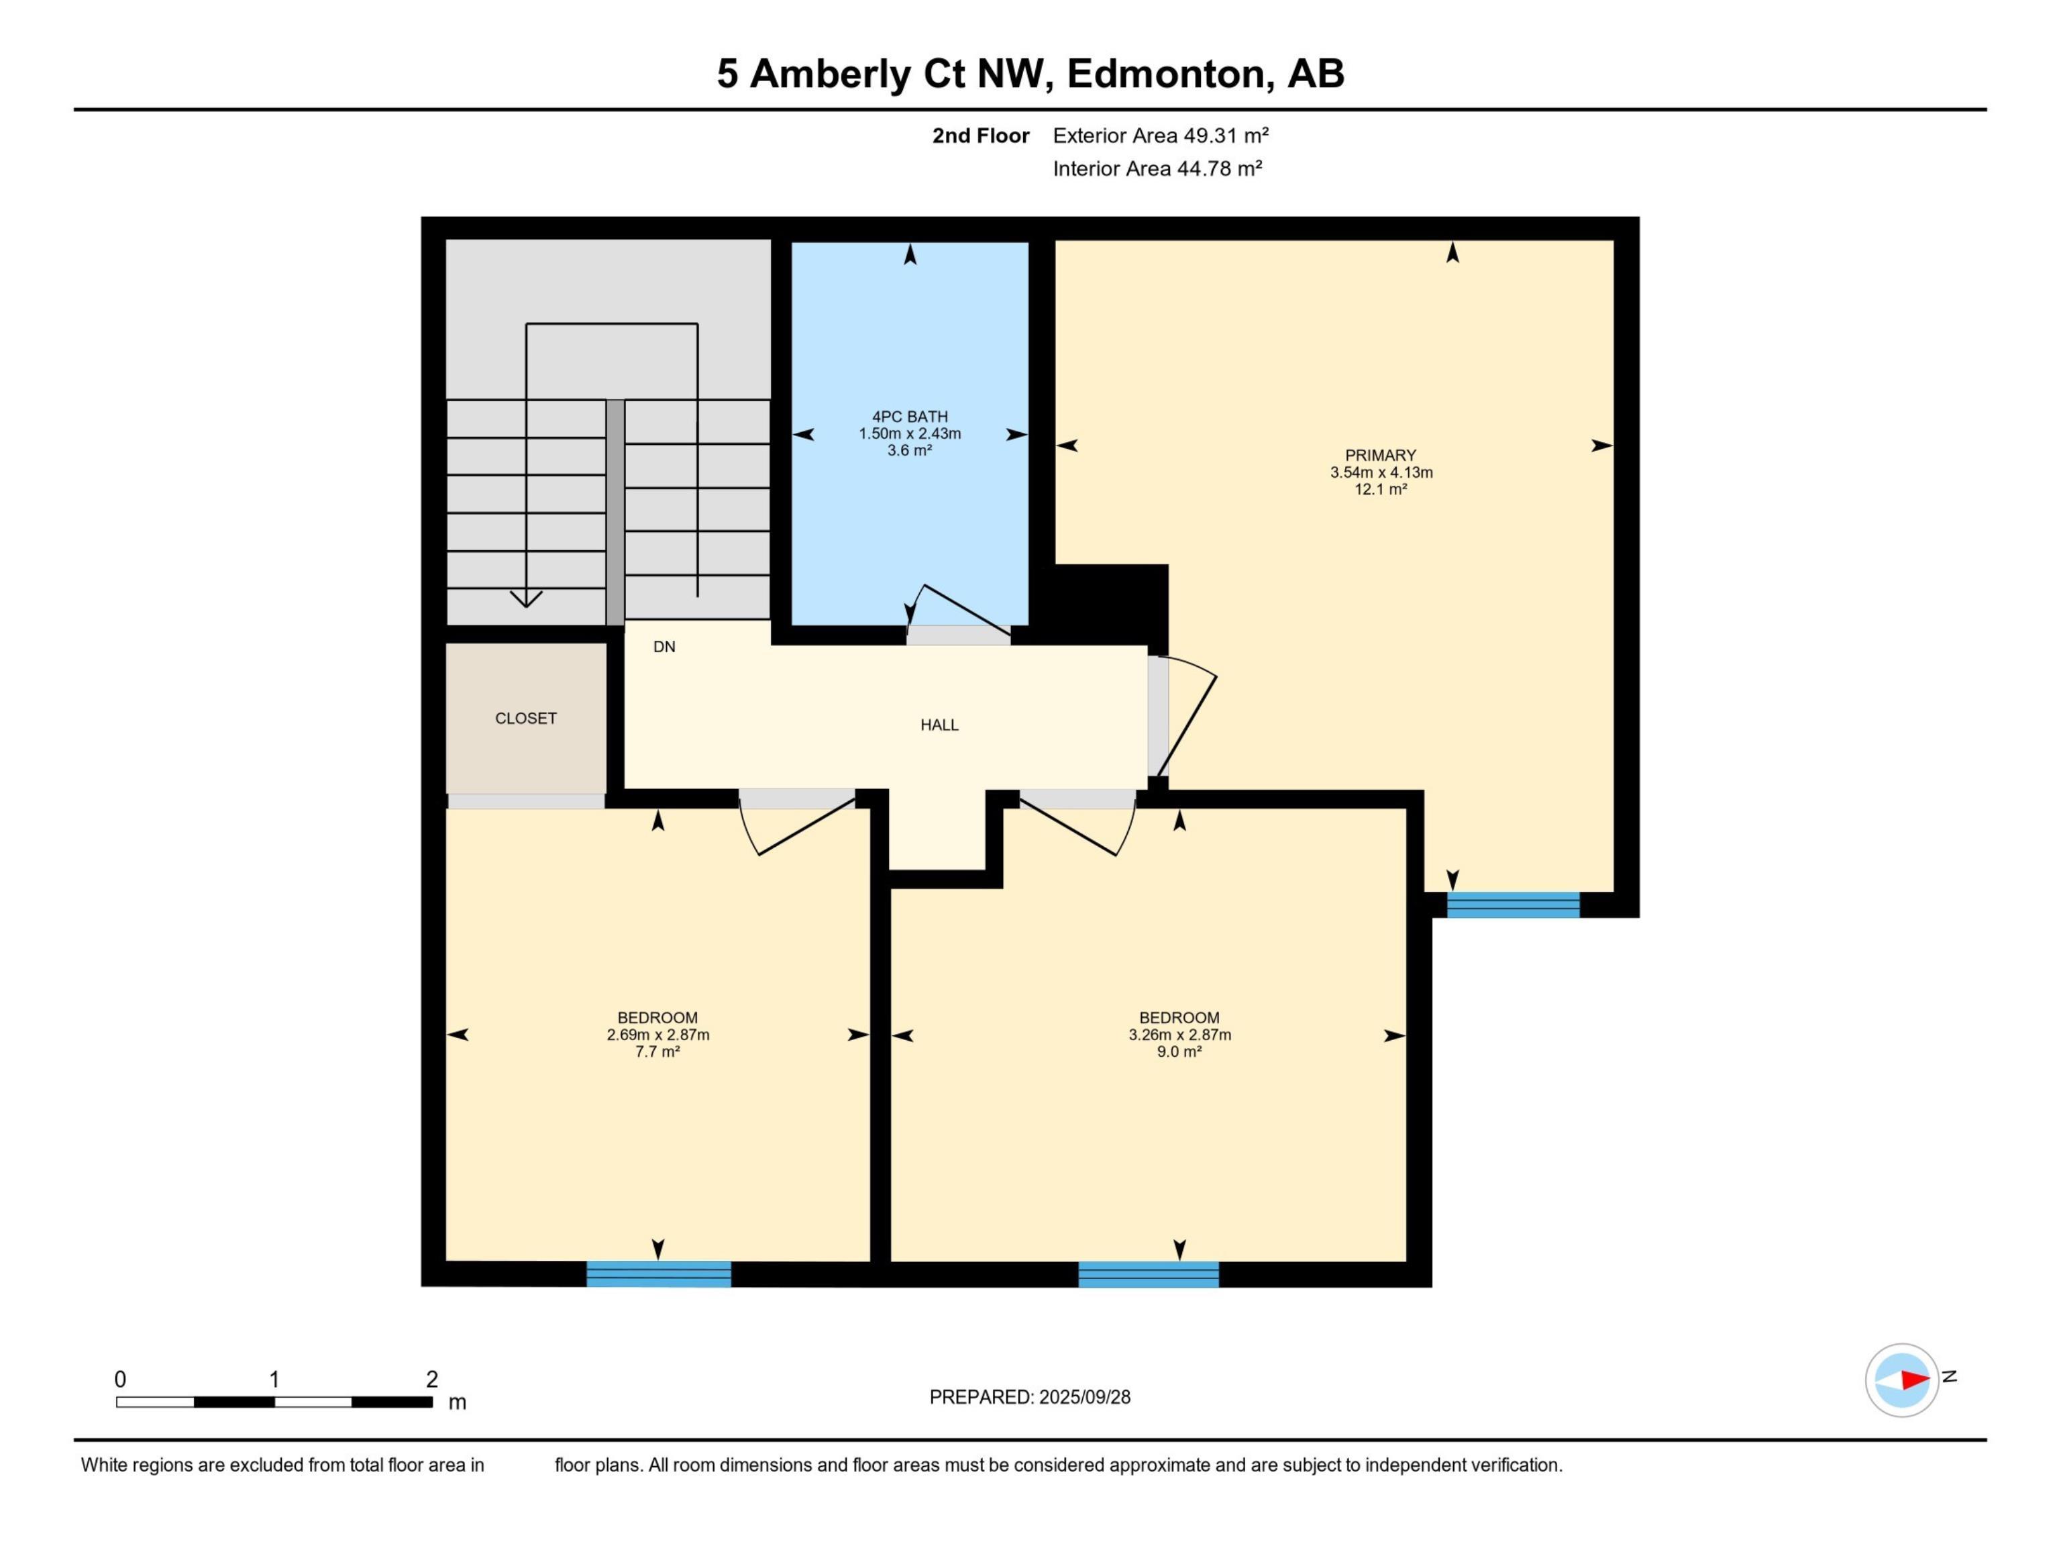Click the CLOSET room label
(525, 719)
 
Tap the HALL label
(939, 725)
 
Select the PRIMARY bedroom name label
(1380, 456)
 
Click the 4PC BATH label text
(909, 417)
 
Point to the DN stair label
(664, 647)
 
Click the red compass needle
(1915, 1379)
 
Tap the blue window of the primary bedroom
(1513, 905)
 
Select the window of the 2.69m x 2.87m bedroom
(659, 1274)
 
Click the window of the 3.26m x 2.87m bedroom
(1149, 1274)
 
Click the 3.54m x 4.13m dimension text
(1381, 472)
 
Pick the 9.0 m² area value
(1179, 1051)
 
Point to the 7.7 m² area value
(657, 1051)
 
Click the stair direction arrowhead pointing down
(527, 599)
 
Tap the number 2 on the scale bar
(431, 1379)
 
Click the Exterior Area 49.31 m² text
(1161, 136)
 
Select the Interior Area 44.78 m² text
(1157, 168)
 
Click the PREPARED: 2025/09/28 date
(1030, 1397)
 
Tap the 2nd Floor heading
(981, 136)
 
